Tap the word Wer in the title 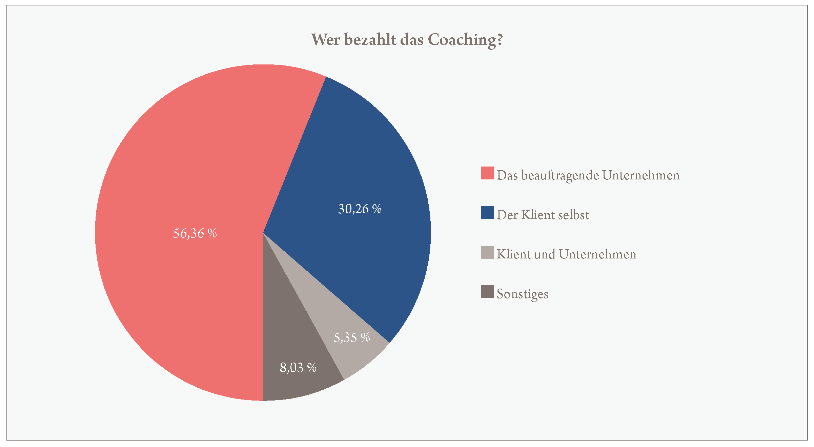click(x=325, y=40)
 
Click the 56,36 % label click(x=195, y=233)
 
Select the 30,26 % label click(x=360, y=209)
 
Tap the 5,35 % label click(x=352, y=337)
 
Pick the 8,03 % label click(x=298, y=368)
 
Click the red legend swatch click(x=487, y=173)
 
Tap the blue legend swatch click(x=487, y=213)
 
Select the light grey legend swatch click(x=487, y=252)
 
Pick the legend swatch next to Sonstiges click(x=487, y=292)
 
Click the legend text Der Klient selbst click(x=543, y=215)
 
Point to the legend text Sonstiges click(x=522, y=294)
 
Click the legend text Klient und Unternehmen click(x=566, y=254)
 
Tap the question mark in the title click(x=499, y=40)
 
